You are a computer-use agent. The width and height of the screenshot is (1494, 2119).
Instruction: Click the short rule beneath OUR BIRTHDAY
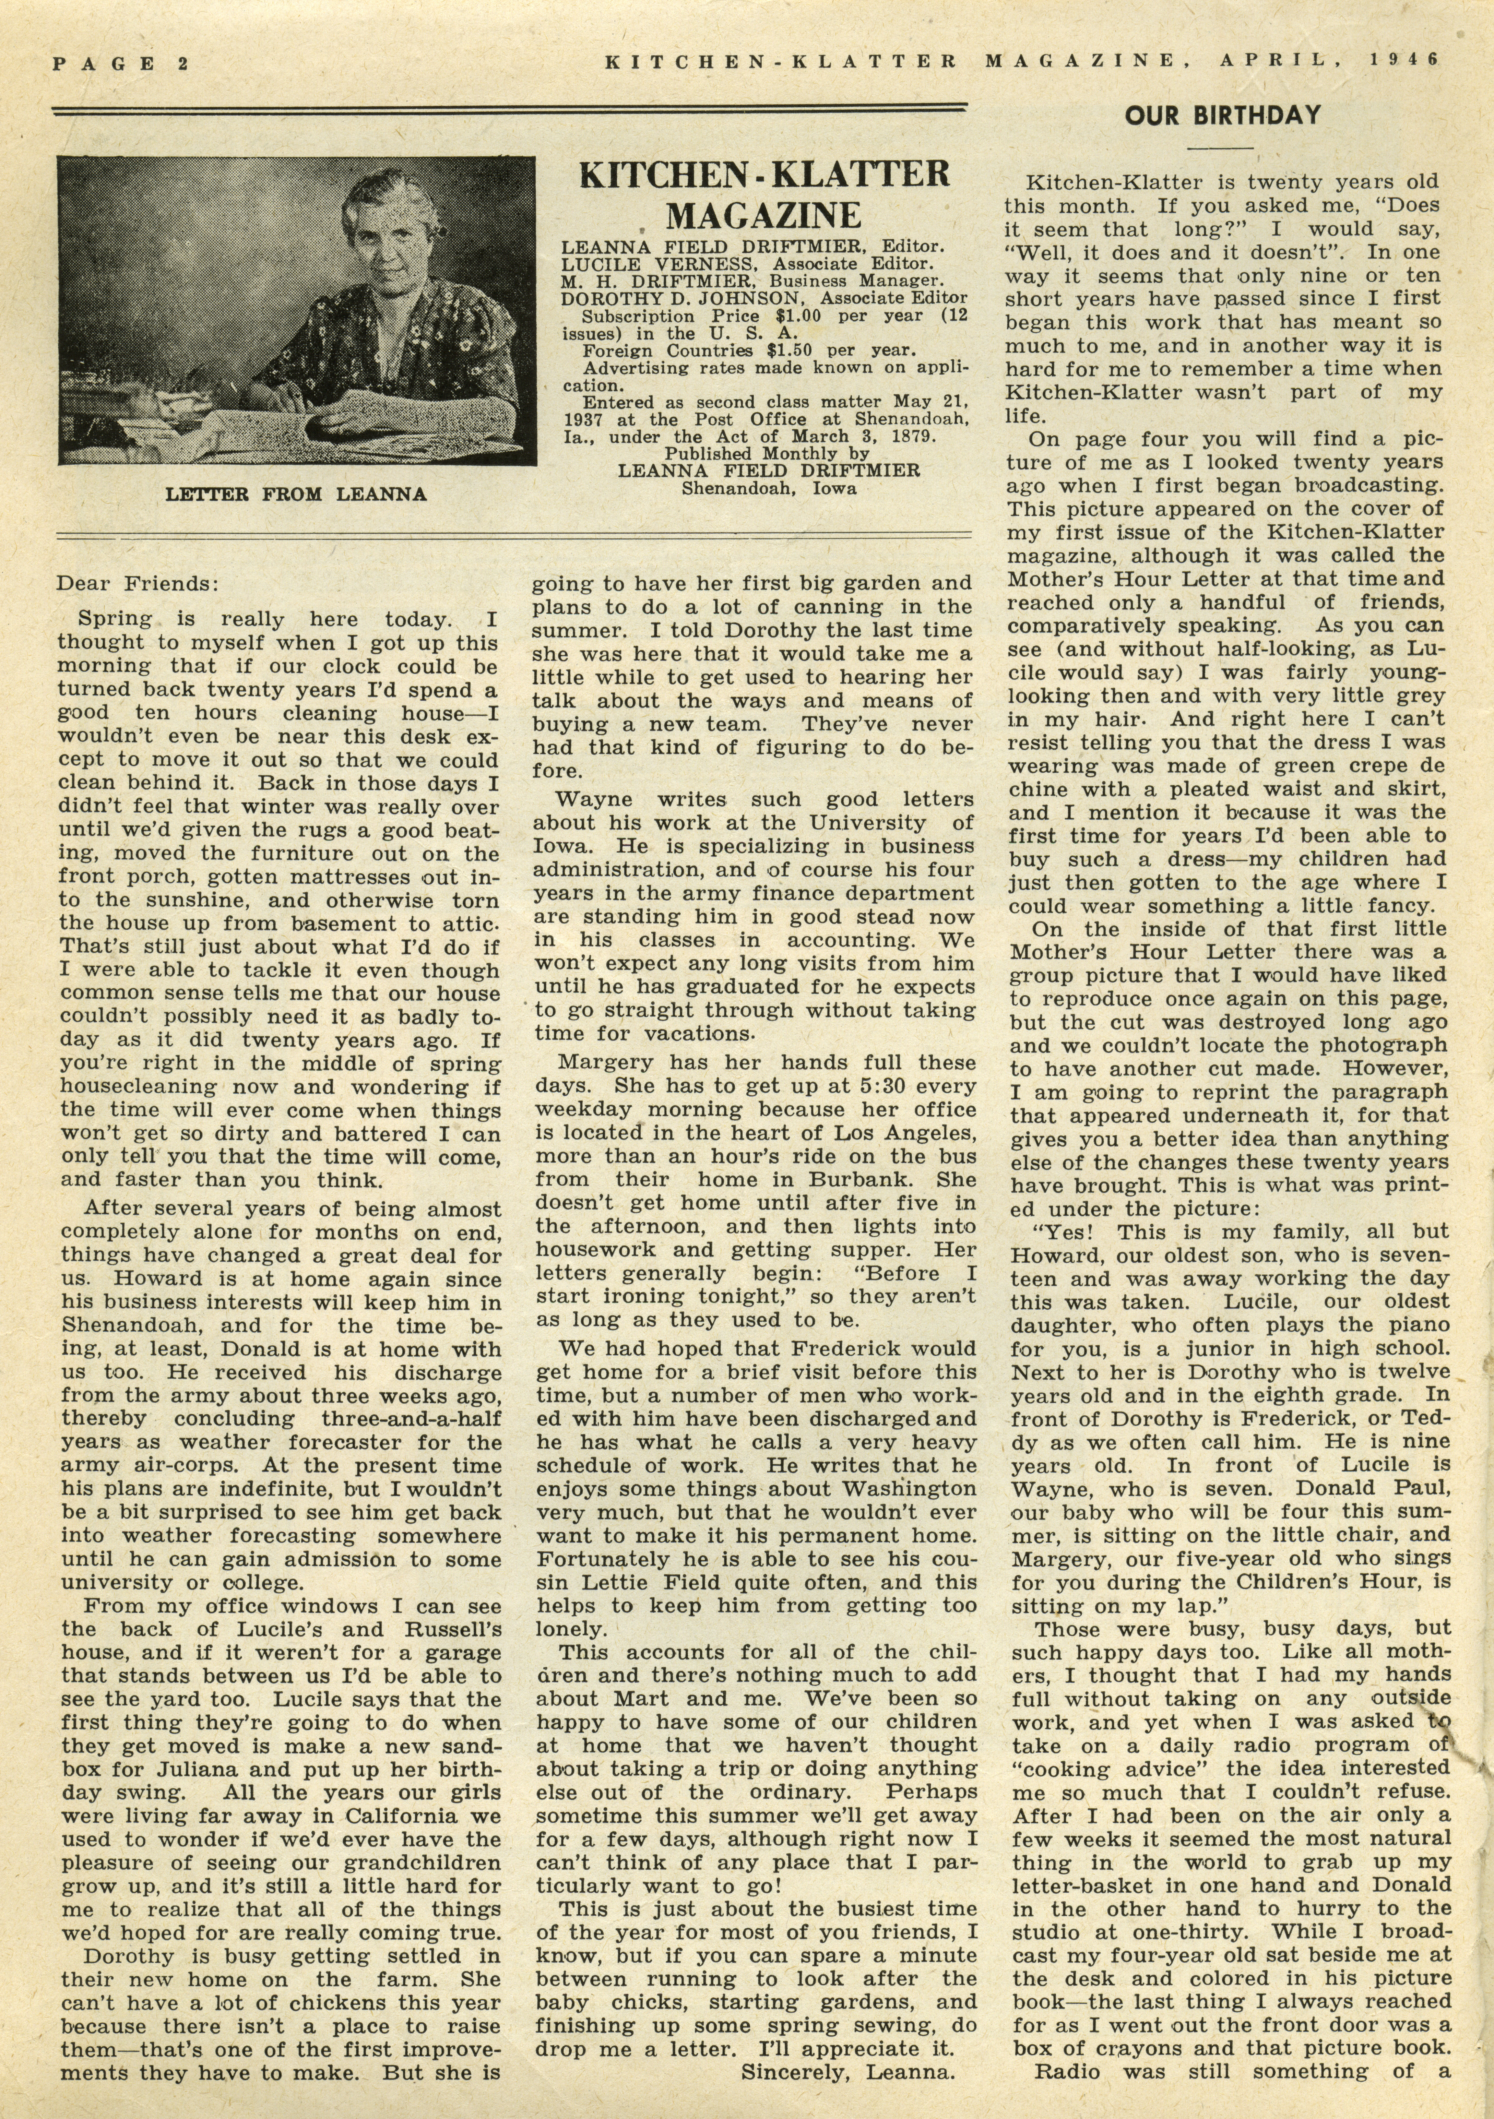pos(1220,148)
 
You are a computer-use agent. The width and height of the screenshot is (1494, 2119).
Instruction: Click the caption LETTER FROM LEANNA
pos(295,495)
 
